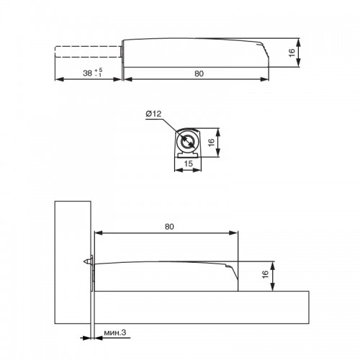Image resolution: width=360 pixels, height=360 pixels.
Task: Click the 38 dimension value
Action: pyautogui.click(x=87, y=73)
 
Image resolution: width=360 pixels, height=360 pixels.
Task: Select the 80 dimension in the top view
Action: pyautogui.click(x=199, y=73)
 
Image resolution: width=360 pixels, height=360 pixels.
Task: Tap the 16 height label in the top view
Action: pyautogui.click(x=292, y=53)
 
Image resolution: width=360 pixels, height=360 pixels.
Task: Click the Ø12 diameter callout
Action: pyautogui.click(x=154, y=114)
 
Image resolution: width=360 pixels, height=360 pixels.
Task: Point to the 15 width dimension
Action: pyautogui.click(x=188, y=163)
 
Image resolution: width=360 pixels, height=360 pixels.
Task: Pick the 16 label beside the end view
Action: pyautogui.click(x=211, y=143)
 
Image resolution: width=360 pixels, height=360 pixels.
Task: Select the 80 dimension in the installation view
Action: pyautogui.click(x=169, y=227)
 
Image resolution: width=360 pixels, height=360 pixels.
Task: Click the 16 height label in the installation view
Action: pyautogui.click(x=265, y=274)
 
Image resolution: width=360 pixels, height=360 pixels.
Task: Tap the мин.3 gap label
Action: pyautogui.click(x=114, y=333)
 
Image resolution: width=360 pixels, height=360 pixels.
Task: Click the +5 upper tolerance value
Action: pyautogui.click(x=99, y=71)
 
